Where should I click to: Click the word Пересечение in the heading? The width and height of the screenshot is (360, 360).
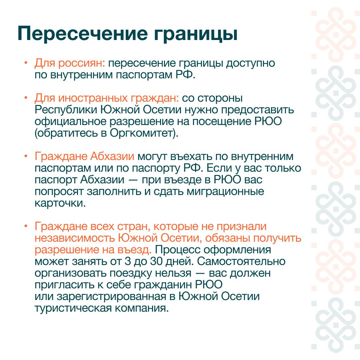tap(83, 34)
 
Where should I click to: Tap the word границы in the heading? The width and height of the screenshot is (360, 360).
tap(195, 34)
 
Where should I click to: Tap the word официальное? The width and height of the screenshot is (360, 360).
tap(70, 121)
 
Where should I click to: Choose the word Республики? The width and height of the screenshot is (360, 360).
tap(66, 110)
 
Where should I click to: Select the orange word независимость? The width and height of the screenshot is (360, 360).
tap(75, 238)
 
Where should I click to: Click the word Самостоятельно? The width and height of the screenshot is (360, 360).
tap(241, 261)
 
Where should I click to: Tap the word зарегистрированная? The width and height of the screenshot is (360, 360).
tap(111, 297)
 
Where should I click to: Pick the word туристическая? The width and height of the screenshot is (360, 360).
tap(73, 308)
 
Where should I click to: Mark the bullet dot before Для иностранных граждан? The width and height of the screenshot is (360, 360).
tap(26, 98)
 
